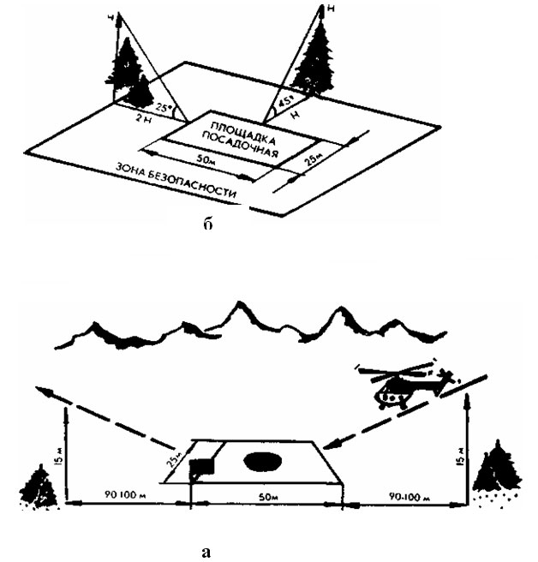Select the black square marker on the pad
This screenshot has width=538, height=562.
point(202,468)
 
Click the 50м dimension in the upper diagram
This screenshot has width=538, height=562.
point(206,161)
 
